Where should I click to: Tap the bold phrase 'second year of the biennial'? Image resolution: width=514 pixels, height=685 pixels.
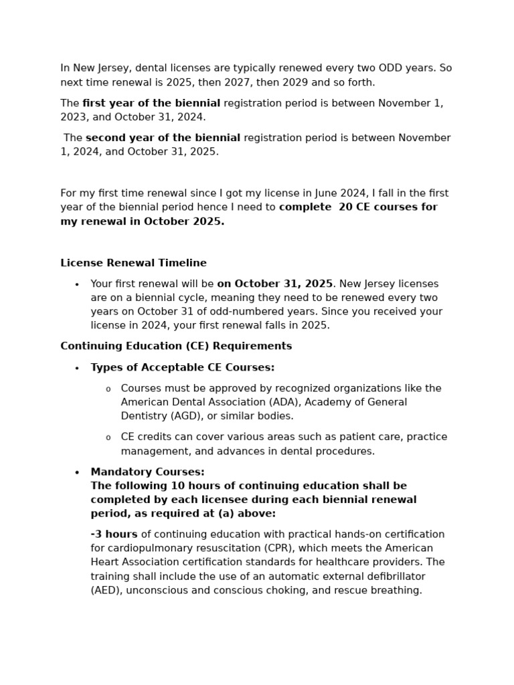coord(163,138)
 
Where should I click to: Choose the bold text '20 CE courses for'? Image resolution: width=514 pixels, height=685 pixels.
coord(388,207)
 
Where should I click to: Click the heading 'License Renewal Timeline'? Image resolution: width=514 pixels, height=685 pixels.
coord(133,263)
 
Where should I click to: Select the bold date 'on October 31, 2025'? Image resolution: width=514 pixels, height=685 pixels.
coord(274,284)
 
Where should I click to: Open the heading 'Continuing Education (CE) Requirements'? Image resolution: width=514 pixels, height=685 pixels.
coord(176,346)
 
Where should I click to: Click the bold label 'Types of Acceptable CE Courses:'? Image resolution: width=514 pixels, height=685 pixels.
coord(183,367)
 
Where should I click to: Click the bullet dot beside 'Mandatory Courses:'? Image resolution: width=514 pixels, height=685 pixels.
coord(77,472)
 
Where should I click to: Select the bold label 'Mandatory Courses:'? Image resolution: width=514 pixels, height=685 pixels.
coord(148,472)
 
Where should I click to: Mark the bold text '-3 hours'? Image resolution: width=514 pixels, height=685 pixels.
coord(114,534)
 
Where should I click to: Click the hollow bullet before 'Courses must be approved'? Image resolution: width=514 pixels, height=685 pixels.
coord(108,389)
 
